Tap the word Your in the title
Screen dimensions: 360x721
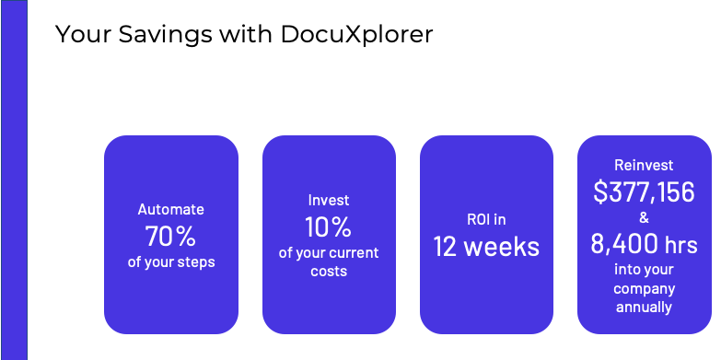[83, 35]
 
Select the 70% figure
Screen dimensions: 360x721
[170, 237]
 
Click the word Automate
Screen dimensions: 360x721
[170, 210]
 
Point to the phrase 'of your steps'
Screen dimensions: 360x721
[170, 262]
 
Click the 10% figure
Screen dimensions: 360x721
[329, 226]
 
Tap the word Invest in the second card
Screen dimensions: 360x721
[329, 200]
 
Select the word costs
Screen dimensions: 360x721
[329, 271]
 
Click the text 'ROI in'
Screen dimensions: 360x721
[486, 219]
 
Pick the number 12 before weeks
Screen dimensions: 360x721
[447, 246]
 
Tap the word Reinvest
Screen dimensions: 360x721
[644, 166]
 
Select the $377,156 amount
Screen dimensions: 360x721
[644, 192]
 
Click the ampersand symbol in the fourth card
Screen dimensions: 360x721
[644, 218]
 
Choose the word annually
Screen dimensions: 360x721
[644, 307]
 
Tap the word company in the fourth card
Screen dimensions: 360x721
[644, 289]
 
